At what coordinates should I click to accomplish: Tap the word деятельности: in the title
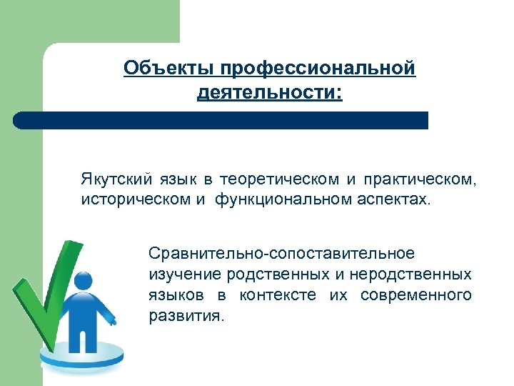tap(270, 93)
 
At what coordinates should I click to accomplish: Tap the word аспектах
tap(395, 197)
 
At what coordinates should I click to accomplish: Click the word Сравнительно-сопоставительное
tap(281, 254)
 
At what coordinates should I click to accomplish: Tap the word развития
tap(186, 316)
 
